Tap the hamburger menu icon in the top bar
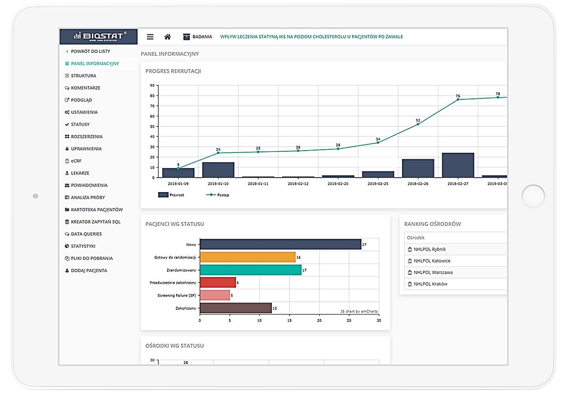tap(150, 37)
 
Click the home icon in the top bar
tap(167, 37)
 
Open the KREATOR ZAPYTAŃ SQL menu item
tap(95, 222)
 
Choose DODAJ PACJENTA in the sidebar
tap(89, 270)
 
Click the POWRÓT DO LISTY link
tap(90, 52)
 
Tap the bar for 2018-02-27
tap(458, 165)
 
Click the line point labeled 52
tap(418, 124)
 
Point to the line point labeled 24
tap(218, 153)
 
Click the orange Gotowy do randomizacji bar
tap(247, 257)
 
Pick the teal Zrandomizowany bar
tap(250, 270)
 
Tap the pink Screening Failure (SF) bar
tap(214, 295)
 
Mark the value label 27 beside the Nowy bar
tap(364, 244)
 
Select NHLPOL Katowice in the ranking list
tap(432, 261)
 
